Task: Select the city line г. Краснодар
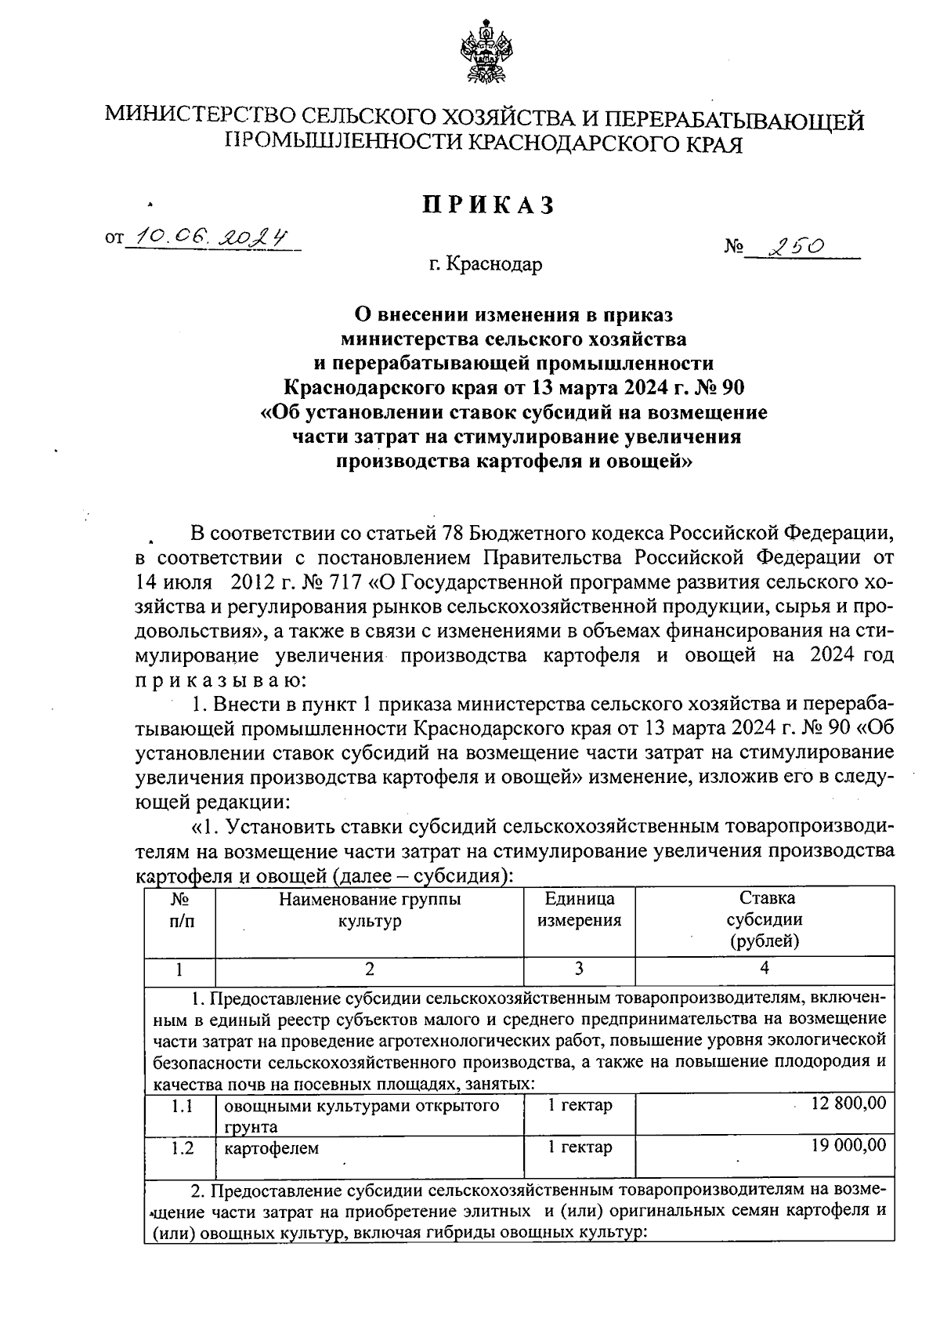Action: [x=485, y=265]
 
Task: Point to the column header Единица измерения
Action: [x=579, y=910]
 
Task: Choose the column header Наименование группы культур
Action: [x=369, y=910]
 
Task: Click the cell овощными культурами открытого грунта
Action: [x=361, y=1116]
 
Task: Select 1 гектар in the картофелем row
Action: [x=579, y=1147]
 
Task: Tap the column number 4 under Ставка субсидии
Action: [x=764, y=968]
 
